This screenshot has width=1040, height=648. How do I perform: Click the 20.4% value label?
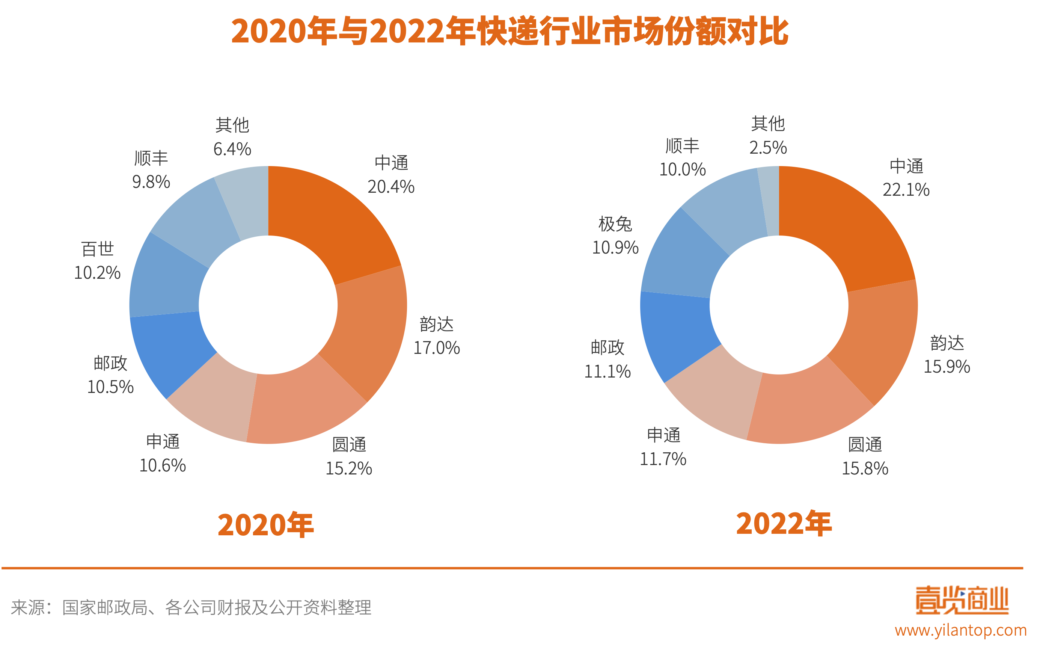pyautogui.click(x=390, y=187)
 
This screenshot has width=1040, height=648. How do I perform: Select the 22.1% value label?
pyautogui.click(x=906, y=190)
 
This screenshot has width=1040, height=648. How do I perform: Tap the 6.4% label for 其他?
pyautogui.click(x=232, y=150)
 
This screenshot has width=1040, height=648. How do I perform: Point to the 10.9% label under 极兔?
pyautogui.click(x=615, y=248)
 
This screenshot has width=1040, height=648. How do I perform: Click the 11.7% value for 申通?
pyautogui.click(x=663, y=459)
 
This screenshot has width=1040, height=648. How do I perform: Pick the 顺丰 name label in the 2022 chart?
pyautogui.click(x=682, y=146)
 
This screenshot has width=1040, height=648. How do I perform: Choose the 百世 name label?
pyautogui.click(x=98, y=249)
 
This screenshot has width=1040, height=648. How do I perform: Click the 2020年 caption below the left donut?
pyautogui.click(x=265, y=525)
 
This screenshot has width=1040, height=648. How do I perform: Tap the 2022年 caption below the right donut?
pyautogui.click(x=784, y=524)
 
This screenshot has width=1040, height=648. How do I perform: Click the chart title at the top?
pyautogui.click(x=510, y=31)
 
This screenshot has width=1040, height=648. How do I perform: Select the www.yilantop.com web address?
pyautogui.click(x=961, y=630)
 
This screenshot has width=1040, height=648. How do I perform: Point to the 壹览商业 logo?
pyautogui.click(x=962, y=600)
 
